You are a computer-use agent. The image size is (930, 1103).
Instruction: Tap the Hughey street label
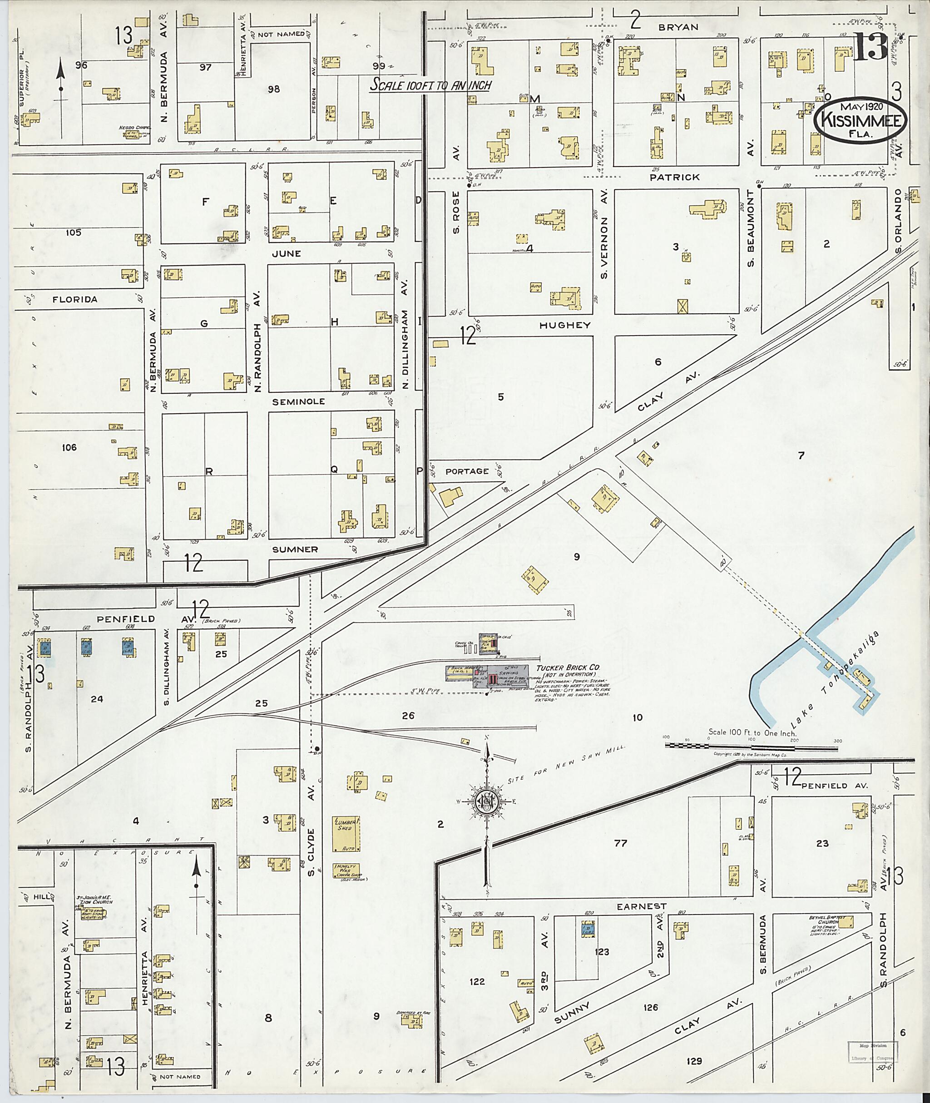click(x=564, y=326)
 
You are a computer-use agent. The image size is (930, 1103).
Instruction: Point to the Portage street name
click(x=466, y=471)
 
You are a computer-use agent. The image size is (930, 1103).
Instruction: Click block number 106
click(x=69, y=448)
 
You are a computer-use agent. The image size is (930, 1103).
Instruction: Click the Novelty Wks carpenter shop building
click(x=346, y=870)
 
